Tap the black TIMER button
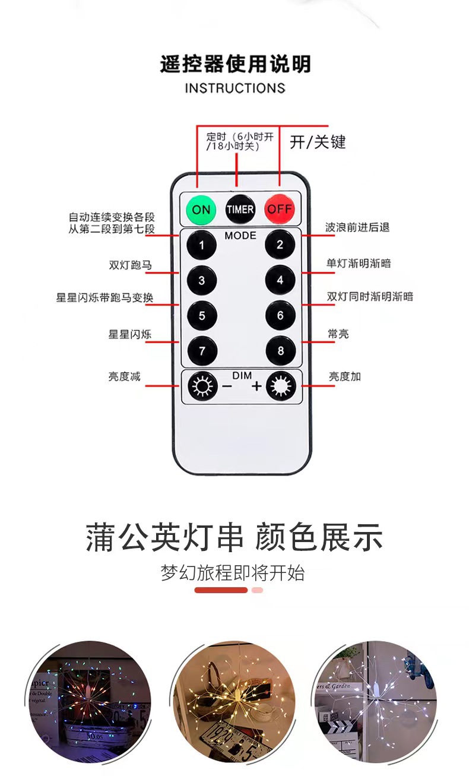[240, 210]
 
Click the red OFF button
[280, 210]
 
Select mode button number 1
[202, 245]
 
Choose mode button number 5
[202, 315]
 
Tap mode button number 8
[280, 351]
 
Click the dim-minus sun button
[202, 387]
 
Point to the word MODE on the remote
[240, 236]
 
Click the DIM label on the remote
[242, 376]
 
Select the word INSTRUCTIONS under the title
[235, 88]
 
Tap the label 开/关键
[318, 142]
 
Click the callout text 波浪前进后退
[357, 227]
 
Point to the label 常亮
[338, 334]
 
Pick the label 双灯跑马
[130, 265]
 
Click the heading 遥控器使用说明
[235, 64]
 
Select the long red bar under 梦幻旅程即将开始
[221, 590]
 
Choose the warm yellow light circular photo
[235, 702]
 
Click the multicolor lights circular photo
[89, 702]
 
